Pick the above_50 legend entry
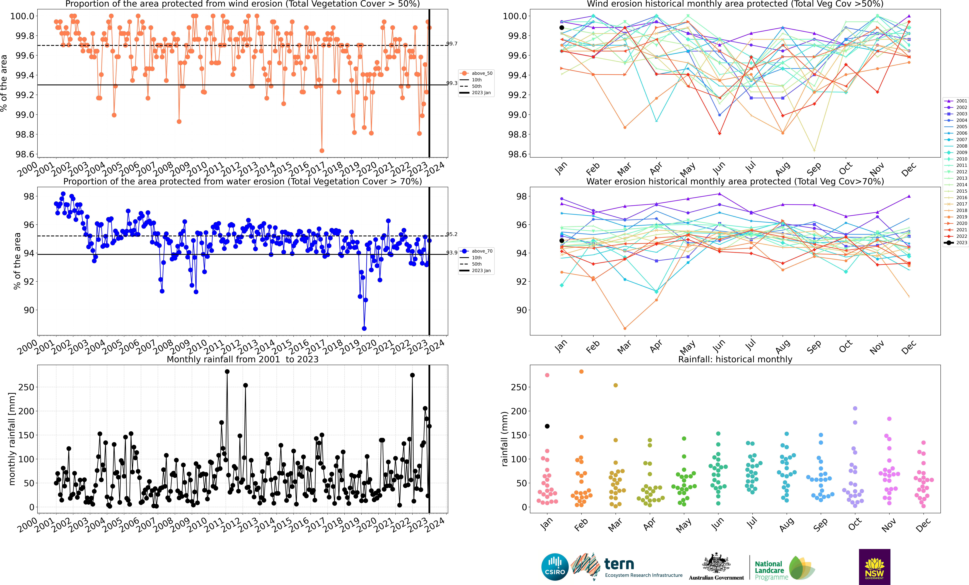coord(477,73)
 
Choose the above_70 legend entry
coord(477,251)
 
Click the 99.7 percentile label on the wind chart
coord(452,44)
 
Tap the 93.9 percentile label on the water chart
coord(452,253)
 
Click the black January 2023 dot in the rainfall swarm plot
coord(547,426)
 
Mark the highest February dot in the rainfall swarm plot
coord(581,371)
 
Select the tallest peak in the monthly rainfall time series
coord(227,371)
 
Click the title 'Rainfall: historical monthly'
coord(735,359)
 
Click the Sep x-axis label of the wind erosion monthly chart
coord(814,169)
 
